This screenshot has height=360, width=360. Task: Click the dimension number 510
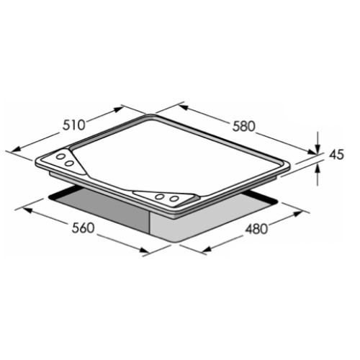[73, 125]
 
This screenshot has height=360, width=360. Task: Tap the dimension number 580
[243, 127]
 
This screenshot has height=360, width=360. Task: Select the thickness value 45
[336, 155]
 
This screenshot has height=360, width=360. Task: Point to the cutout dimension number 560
[83, 228]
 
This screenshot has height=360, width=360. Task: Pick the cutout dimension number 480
[256, 229]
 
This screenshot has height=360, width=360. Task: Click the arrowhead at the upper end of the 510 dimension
[119, 109]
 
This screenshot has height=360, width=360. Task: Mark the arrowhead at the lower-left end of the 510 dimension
[15, 149]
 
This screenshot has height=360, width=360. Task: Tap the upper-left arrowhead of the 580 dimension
[184, 107]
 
